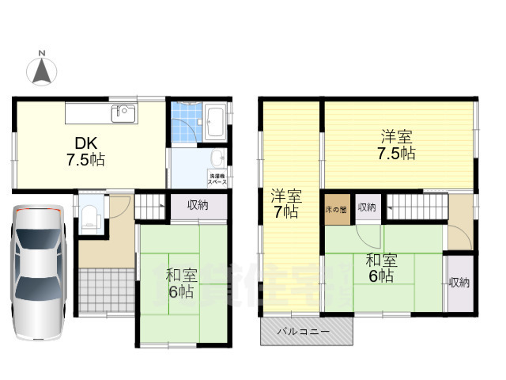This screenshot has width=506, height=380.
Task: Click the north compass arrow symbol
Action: [43, 69]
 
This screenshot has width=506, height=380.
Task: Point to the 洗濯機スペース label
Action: [217, 178]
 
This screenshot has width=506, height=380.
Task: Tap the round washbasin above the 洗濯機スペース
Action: [218, 156]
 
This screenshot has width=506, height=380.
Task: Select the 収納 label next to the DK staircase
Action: [198, 206]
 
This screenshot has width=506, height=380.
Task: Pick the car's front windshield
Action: [37, 238]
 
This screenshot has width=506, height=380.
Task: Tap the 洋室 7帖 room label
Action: [285, 203]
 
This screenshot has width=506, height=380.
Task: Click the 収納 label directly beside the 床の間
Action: [366, 207]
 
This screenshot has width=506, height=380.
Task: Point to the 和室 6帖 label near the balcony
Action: [380, 268]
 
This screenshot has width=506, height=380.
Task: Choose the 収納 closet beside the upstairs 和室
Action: [459, 282]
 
